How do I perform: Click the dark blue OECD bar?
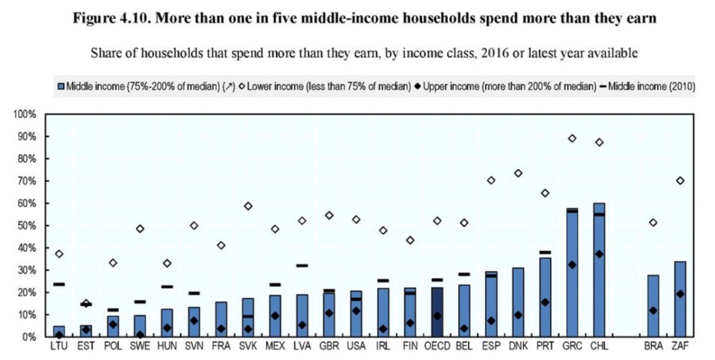[x=437, y=312]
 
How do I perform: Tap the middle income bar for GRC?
[x=572, y=273]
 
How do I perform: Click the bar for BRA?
[x=653, y=305]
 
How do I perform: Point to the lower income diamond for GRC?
[x=572, y=138]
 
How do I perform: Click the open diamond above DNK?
[x=518, y=173]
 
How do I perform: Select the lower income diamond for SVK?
[x=248, y=206]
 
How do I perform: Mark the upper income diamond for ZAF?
[x=681, y=294]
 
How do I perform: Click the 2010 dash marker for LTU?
[x=58, y=284]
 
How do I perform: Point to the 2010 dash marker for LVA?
[x=302, y=265]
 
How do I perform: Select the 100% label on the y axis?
[x=24, y=114]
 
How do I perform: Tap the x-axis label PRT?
[x=545, y=346]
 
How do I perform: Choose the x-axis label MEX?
[x=274, y=346]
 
